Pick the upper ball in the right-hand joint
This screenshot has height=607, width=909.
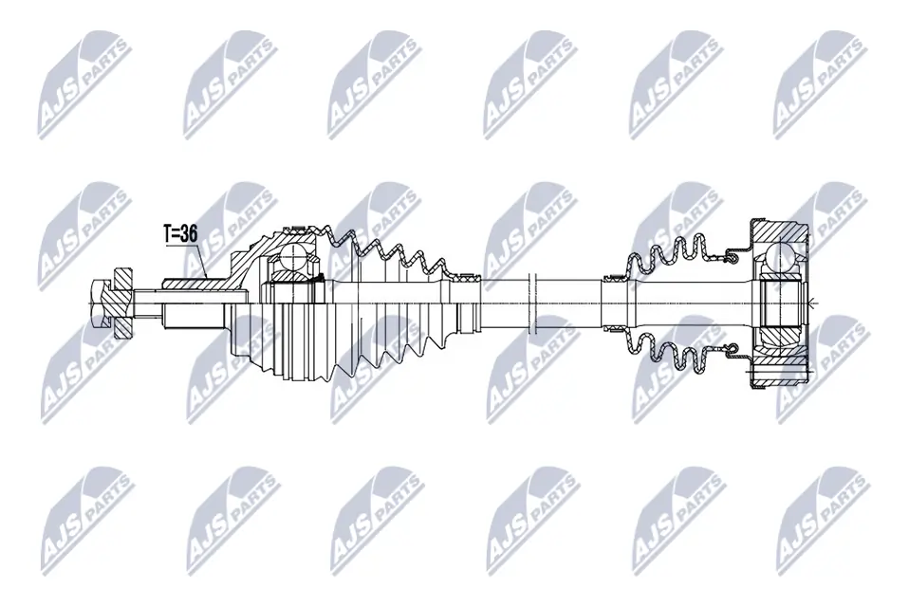782,256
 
